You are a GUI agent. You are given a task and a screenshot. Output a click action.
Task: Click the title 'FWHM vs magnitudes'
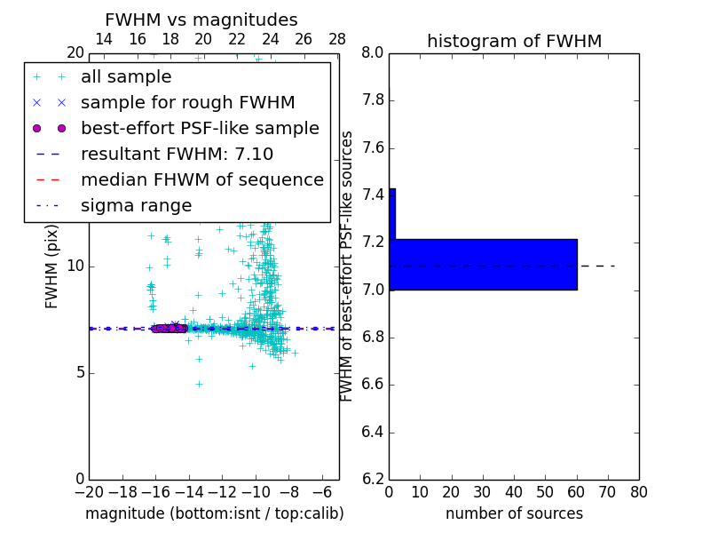[201, 20]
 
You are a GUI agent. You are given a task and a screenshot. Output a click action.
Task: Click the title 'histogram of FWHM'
[514, 41]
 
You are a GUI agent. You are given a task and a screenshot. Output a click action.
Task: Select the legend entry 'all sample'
[125, 77]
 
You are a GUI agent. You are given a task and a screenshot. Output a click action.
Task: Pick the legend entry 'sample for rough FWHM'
[187, 103]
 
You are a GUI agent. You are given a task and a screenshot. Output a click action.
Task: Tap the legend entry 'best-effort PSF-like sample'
[200, 129]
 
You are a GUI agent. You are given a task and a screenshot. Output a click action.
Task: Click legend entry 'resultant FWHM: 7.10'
[177, 155]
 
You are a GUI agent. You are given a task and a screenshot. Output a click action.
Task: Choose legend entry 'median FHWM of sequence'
[201, 180]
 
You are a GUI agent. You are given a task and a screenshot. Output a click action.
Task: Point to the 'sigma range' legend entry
[136, 206]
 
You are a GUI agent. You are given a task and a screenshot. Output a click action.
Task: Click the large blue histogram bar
[484, 265]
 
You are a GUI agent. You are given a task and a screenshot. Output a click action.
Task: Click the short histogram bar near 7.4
[392, 214]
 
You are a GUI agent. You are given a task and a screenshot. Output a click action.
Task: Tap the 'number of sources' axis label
[514, 513]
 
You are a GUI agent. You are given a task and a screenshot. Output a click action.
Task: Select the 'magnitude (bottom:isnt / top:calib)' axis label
[214, 513]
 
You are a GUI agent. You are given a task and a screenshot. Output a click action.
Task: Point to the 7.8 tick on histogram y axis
[374, 100]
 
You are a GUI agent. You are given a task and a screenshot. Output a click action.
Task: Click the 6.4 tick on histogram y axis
[374, 433]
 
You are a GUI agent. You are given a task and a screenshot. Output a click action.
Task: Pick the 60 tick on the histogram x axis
[577, 491]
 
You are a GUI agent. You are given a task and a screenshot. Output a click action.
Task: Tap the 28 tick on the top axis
[337, 39]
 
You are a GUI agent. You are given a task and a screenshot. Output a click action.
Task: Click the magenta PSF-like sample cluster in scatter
[169, 329]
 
